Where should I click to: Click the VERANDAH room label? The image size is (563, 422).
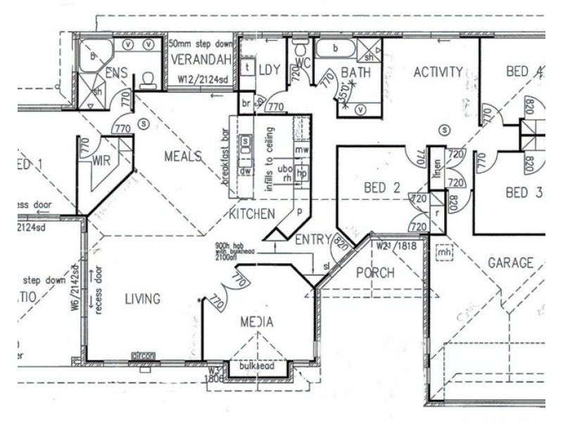[x=201, y=60]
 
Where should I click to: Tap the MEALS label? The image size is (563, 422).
[x=184, y=156]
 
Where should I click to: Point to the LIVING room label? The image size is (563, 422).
[x=143, y=299]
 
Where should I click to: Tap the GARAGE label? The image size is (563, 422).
[x=510, y=263]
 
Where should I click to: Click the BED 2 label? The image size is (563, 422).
[x=382, y=188]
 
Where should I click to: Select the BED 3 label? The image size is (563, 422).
[x=524, y=193]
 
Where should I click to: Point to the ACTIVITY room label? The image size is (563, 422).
[x=438, y=72]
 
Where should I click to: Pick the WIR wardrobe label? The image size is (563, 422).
[x=102, y=160]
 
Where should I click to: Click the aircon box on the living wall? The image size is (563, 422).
[x=143, y=356]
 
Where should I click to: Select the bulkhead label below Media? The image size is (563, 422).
[x=255, y=366]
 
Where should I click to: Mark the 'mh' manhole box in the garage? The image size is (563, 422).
[x=444, y=252]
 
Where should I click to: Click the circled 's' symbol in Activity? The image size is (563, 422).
[x=444, y=129]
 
